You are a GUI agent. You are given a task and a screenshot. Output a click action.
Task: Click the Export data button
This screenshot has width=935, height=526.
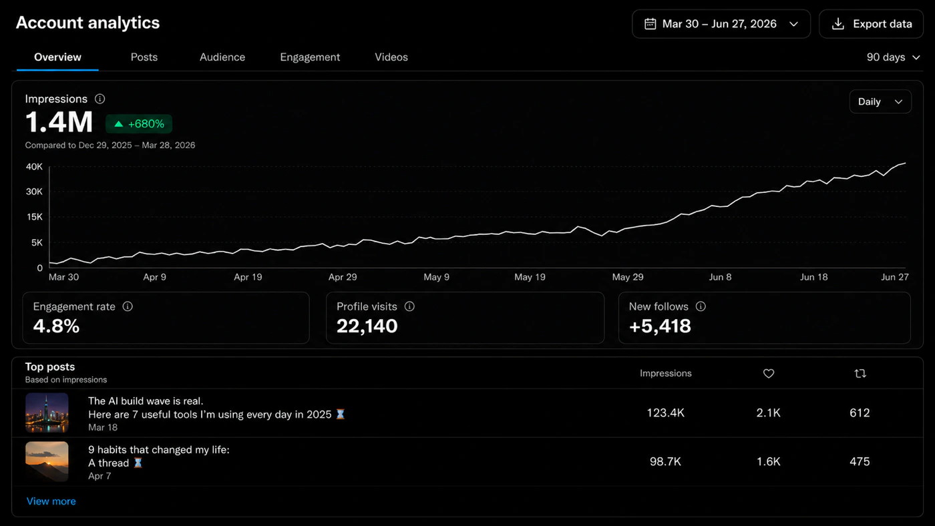pyautogui.click(x=871, y=24)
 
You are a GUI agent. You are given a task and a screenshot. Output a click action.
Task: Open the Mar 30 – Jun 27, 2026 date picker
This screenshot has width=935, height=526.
pyautogui.click(x=721, y=24)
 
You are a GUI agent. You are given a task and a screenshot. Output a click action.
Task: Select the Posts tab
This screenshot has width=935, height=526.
pyautogui.click(x=144, y=57)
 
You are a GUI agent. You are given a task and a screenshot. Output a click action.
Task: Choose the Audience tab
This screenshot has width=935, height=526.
pyautogui.click(x=222, y=57)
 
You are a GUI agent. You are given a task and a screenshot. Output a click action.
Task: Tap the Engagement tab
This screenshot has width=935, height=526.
pyautogui.click(x=310, y=57)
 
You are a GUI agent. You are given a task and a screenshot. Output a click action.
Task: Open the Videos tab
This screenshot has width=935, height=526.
pyautogui.click(x=391, y=57)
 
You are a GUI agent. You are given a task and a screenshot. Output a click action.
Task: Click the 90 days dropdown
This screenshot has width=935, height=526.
pyautogui.click(x=893, y=57)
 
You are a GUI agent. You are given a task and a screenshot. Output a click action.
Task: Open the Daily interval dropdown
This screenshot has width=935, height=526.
pyautogui.click(x=880, y=101)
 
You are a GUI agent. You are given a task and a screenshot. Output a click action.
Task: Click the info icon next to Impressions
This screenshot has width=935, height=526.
pyautogui.click(x=100, y=99)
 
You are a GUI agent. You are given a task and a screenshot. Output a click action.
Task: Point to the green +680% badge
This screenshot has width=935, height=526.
pyautogui.click(x=139, y=124)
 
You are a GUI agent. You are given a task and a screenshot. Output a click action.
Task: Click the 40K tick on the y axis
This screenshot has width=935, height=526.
pyautogui.click(x=34, y=167)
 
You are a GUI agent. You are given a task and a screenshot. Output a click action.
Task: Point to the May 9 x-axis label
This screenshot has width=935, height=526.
pyautogui.click(x=436, y=277)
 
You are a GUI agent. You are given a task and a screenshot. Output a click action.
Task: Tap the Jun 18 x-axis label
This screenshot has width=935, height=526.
pyautogui.click(x=813, y=277)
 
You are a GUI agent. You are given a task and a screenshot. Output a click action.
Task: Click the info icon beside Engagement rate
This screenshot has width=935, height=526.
pyautogui.click(x=128, y=306)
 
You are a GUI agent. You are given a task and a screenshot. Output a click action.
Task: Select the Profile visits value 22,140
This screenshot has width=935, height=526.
pyautogui.click(x=367, y=326)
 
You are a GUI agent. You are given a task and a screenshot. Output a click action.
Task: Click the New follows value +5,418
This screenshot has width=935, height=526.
pyautogui.click(x=660, y=326)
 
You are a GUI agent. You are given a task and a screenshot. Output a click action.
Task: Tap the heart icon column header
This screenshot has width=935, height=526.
pyautogui.click(x=769, y=374)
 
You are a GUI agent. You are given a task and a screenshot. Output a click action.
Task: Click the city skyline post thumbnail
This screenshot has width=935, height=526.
pyautogui.click(x=47, y=413)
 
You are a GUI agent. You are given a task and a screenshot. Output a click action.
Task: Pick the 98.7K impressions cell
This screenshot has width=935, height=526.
pyautogui.click(x=665, y=462)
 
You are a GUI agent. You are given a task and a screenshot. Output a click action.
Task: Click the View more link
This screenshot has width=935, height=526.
pyautogui.click(x=51, y=501)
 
